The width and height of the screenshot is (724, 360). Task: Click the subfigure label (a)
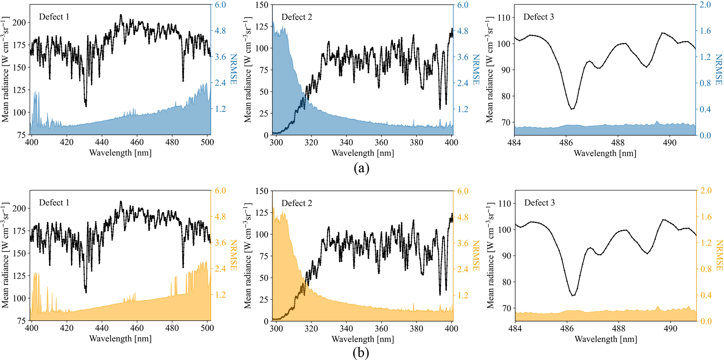(x=361, y=168)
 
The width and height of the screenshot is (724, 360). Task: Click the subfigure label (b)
(x=361, y=353)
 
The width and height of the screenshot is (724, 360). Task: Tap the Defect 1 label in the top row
(x=54, y=17)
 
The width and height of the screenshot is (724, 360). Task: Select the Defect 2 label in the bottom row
(x=296, y=203)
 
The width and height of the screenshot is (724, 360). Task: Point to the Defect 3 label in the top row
(x=538, y=17)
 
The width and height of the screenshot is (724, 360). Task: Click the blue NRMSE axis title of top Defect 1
(x=233, y=69)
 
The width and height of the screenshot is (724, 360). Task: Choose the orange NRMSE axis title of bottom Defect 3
(x=719, y=255)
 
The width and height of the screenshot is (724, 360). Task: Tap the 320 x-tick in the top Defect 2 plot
(x=311, y=143)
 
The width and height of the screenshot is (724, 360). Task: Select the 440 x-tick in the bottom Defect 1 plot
(x=102, y=328)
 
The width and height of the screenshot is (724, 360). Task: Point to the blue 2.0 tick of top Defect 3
(x=705, y=5)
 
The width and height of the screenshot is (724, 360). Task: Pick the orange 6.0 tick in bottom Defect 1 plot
(x=220, y=191)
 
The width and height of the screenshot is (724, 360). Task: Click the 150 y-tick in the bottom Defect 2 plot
(x=262, y=191)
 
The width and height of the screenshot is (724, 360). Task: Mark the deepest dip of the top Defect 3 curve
(x=572, y=109)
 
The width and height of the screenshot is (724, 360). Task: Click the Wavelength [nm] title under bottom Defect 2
(x=363, y=339)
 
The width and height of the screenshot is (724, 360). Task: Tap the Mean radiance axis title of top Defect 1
(x=5, y=70)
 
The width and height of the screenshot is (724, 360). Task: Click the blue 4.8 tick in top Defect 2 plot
(x=463, y=31)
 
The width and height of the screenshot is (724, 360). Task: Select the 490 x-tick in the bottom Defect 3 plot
(x=670, y=328)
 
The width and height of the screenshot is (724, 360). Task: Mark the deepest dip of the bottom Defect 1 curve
(x=86, y=292)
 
